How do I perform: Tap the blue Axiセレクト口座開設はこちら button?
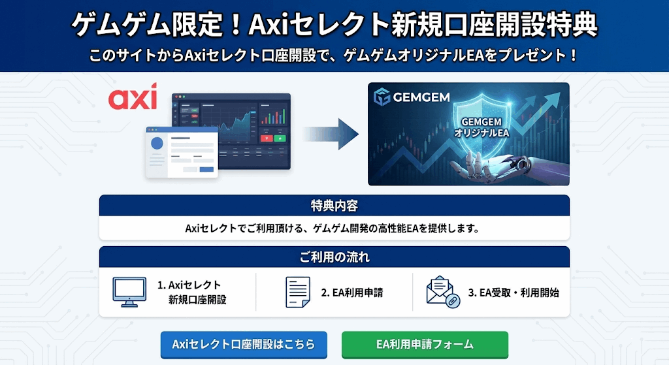click(x=244, y=345)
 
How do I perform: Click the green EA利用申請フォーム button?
click(x=425, y=345)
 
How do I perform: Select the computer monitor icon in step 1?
click(x=129, y=292)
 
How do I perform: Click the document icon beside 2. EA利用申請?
click(x=298, y=292)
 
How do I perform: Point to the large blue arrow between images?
click(x=331, y=135)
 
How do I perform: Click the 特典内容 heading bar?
click(x=334, y=206)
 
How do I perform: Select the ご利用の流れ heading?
click(x=334, y=257)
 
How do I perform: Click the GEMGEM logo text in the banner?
click(x=421, y=97)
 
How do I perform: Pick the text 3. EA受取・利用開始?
click(x=514, y=293)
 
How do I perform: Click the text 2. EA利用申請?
click(x=352, y=293)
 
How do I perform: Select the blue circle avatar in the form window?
click(x=157, y=143)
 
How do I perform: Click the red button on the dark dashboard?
click(x=267, y=138)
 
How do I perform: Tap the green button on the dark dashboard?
click(x=280, y=138)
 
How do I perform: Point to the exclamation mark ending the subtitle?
click(x=573, y=56)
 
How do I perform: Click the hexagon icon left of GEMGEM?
click(x=382, y=97)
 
